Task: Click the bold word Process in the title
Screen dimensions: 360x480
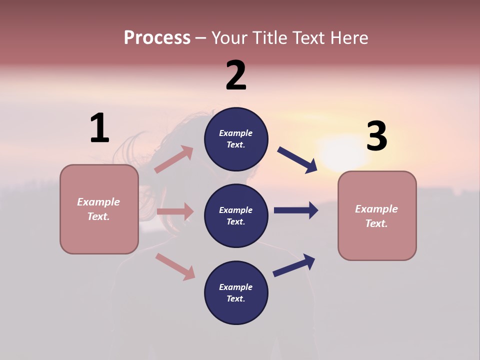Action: [x=157, y=37]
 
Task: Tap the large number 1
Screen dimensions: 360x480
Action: [x=99, y=128]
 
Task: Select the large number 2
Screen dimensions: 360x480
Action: [x=236, y=75]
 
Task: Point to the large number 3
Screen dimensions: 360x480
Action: [x=376, y=136]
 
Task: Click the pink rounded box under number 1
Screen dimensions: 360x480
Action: [x=99, y=209]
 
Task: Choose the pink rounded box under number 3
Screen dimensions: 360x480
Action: [x=377, y=215]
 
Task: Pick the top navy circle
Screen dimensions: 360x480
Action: [x=236, y=139]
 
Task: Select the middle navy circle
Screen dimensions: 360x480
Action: [x=236, y=215]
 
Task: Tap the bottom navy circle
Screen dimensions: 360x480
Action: [x=236, y=292]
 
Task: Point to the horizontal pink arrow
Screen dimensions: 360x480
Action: [x=175, y=211]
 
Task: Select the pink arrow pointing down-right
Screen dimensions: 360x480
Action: [x=175, y=266]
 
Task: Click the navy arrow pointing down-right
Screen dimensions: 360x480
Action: [x=297, y=160]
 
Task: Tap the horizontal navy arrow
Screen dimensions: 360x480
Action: [x=296, y=210]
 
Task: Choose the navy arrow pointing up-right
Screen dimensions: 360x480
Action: [x=294, y=265]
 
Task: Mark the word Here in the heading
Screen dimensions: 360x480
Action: [x=350, y=37]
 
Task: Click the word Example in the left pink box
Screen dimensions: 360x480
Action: [x=98, y=202]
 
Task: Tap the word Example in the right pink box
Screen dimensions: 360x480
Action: [x=376, y=209]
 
